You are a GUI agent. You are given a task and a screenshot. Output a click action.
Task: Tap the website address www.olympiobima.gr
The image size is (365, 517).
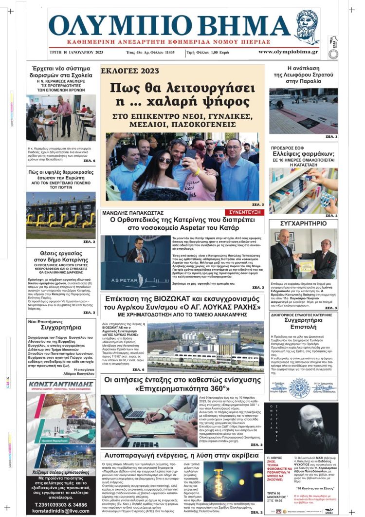[x=288, y=52]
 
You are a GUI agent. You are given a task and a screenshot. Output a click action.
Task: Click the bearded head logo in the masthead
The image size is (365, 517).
[x=308, y=26]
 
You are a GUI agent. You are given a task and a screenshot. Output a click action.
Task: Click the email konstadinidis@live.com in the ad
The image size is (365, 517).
[x=61, y=511]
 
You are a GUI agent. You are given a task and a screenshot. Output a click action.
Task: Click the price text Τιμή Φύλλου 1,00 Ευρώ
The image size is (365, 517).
[x=222, y=52]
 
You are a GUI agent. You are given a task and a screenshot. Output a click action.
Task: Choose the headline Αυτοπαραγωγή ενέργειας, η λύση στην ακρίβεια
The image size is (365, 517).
[x=182, y=455]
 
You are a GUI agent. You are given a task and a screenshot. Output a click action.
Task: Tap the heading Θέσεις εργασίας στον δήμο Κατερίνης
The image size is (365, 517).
[x=61, y=256]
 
